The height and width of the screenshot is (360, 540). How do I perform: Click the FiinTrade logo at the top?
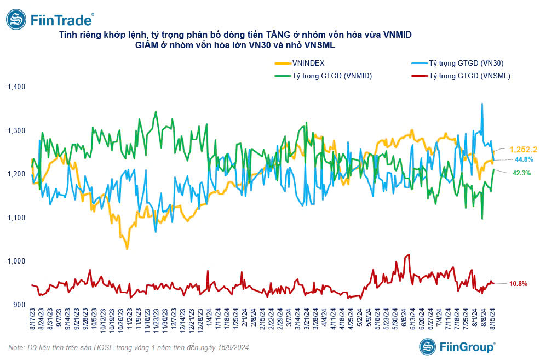(x=49, y=20)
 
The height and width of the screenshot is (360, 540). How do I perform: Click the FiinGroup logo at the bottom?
(x=457, y=346)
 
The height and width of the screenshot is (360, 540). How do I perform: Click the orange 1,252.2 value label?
(x=523, y=150)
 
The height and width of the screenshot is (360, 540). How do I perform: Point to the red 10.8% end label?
(x=518, y=284)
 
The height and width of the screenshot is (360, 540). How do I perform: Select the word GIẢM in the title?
(x=146, y=46)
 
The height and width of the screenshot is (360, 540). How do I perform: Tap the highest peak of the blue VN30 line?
(x=482, y=104)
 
